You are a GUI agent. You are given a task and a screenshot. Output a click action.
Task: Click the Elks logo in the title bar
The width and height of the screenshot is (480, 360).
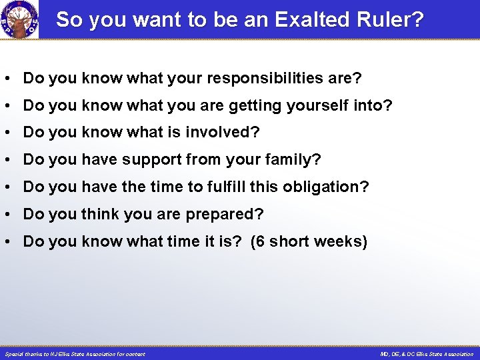click(x=19, y=19)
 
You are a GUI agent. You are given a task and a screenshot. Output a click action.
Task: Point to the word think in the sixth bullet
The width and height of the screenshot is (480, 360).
click(x=99, y=215)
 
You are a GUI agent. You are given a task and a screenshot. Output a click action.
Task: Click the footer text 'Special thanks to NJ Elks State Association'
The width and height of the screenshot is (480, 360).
click(x=75, y=354)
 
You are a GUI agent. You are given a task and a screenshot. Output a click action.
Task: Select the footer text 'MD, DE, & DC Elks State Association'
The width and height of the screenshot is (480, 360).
click(x=427, y=354)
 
